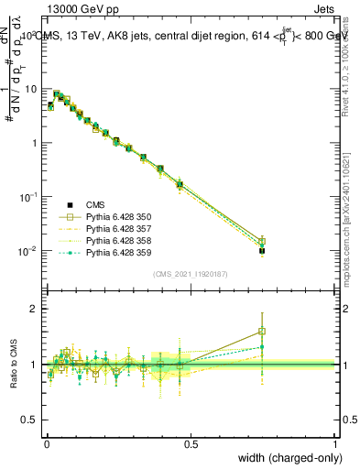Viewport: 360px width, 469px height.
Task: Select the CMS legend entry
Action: tap(96, 205)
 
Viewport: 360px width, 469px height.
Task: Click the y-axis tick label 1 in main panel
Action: tap(34, 143)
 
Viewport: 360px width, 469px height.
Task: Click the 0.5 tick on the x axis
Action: tap(191, 443)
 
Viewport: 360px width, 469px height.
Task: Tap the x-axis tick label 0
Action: tap(46, 443)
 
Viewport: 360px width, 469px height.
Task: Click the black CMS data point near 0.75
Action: tap(262, 250)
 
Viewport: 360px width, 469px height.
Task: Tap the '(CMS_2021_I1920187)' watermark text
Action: tap(190, 274)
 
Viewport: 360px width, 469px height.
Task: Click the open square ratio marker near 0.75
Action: tap(262, 332)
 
